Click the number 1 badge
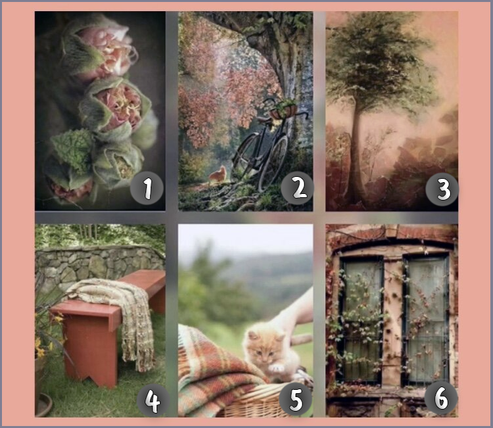[x=147, y=188]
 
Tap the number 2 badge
[x=297, y=188]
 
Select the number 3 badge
[x=442, y=189]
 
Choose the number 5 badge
[x=296, y=399]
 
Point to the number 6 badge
[x=441, y=398]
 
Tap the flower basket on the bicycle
[x=283, y=109]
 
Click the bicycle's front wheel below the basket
[x=273, y=164]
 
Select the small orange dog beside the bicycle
[x=218, y=175]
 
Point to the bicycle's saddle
[x=264, y=120]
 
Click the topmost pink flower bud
[x=100, y=51]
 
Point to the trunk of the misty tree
[x=355, y=151]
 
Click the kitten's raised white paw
[x=277, y=368]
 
